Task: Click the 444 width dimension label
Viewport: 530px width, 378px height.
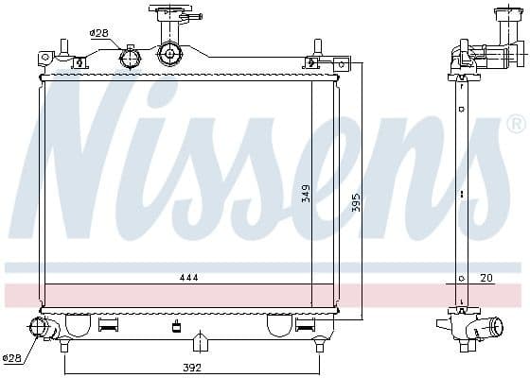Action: pos(189,278)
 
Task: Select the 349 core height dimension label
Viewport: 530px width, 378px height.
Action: pos(306,193)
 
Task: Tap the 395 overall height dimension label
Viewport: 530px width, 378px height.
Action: pos(356,202)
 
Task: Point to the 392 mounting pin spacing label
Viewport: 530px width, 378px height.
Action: pos(192,368)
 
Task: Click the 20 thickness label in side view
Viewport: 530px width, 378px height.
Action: pos(486,278)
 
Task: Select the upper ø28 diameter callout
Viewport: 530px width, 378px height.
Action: pos(98,33)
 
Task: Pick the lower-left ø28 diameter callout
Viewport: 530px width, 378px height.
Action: pos(11,358)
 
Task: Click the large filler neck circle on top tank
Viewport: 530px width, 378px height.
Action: pos(169,53)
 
